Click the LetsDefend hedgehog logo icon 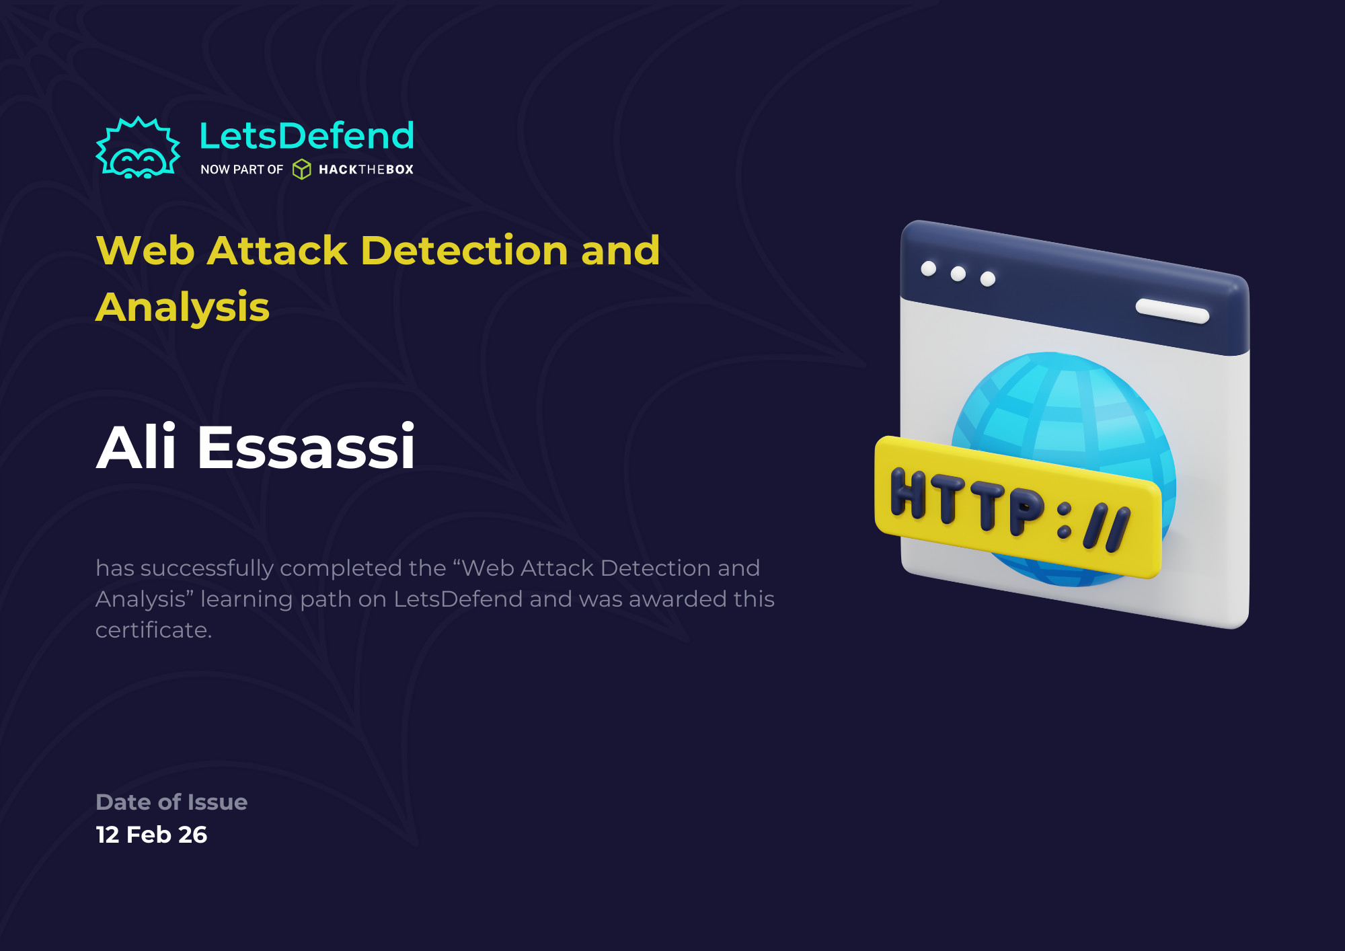(x=138, y=149)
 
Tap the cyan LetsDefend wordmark (x=307, y=136)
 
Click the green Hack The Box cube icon (x=302, y=169)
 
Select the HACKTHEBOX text (x=366, y=169)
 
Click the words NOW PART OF (x=241, y=169)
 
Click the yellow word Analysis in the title (x=182, y=307)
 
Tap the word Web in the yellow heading (x=145, y=251)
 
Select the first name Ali (x=137, y=447)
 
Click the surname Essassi (x=306, y=447)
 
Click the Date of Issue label (x=171, y=802)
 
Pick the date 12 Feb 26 (x=151, y=835)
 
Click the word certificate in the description (x=153, y=630)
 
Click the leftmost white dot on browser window (x=929, y=269)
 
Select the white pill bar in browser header (x=1172, y=311)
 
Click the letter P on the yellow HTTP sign (x=1026, y=512)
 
